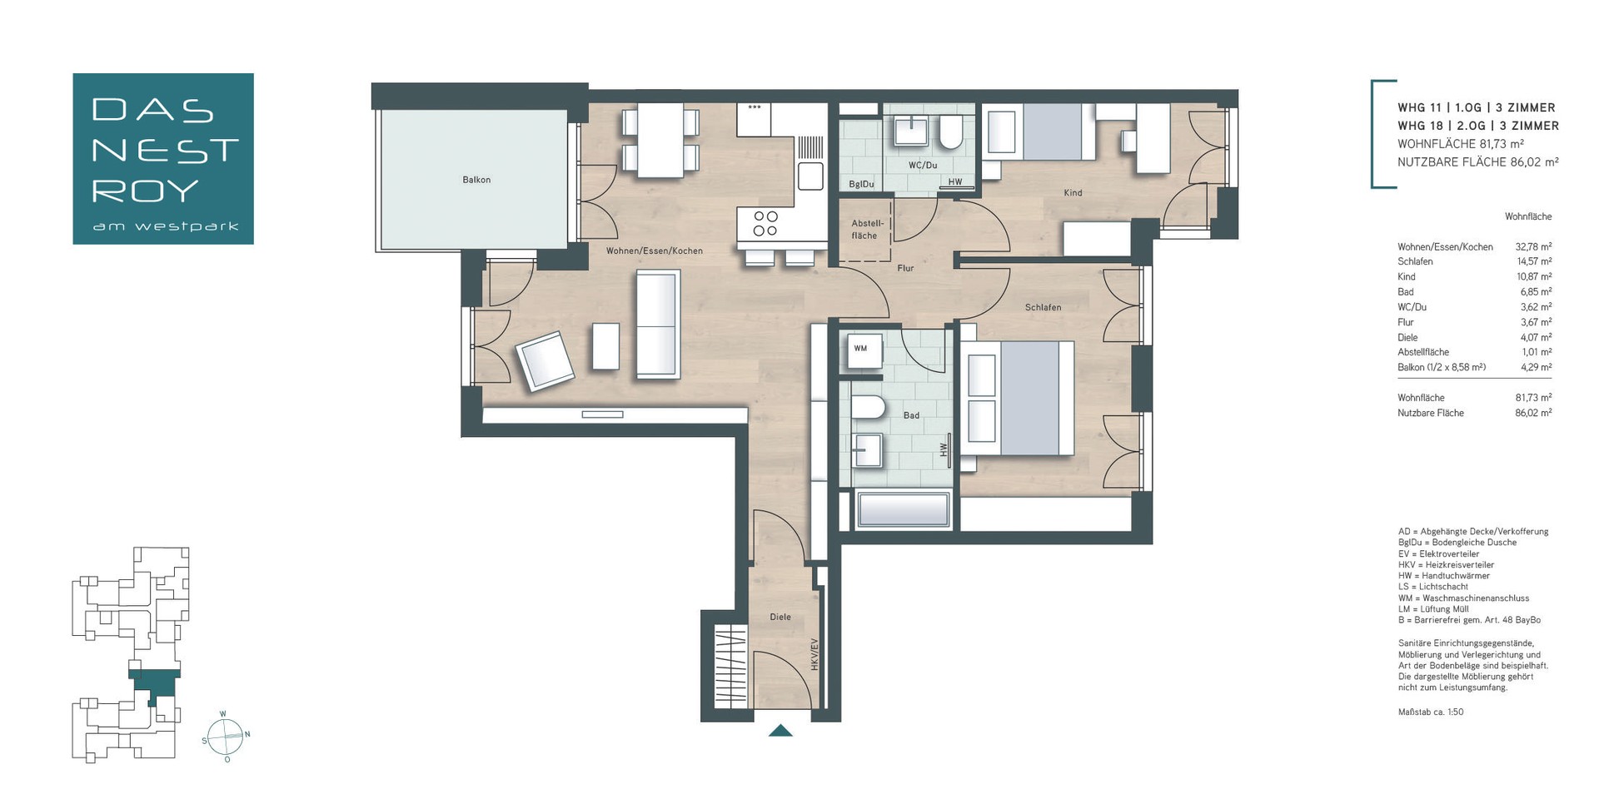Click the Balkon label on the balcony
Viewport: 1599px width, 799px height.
476,180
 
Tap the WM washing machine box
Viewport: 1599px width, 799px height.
860,349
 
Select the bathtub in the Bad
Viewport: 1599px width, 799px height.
903,510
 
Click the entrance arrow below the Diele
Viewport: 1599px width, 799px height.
780,731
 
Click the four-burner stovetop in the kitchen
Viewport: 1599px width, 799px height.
765,223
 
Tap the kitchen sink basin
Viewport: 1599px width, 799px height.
809,176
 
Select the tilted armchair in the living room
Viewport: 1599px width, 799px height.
545,361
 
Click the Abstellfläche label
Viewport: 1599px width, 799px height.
867,230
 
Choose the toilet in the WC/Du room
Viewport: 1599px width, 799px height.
950,133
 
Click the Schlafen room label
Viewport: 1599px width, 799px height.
1043,307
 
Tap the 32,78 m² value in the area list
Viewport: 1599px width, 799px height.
1533,247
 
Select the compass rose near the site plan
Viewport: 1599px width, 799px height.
226,736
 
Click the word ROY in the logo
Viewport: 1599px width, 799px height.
146,191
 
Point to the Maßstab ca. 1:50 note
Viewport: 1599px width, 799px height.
1430,712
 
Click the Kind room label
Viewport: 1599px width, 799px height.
1073,193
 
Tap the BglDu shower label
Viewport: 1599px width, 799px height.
861,184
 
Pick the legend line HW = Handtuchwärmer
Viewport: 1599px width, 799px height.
1443,576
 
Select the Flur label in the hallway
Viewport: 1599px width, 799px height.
905,268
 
